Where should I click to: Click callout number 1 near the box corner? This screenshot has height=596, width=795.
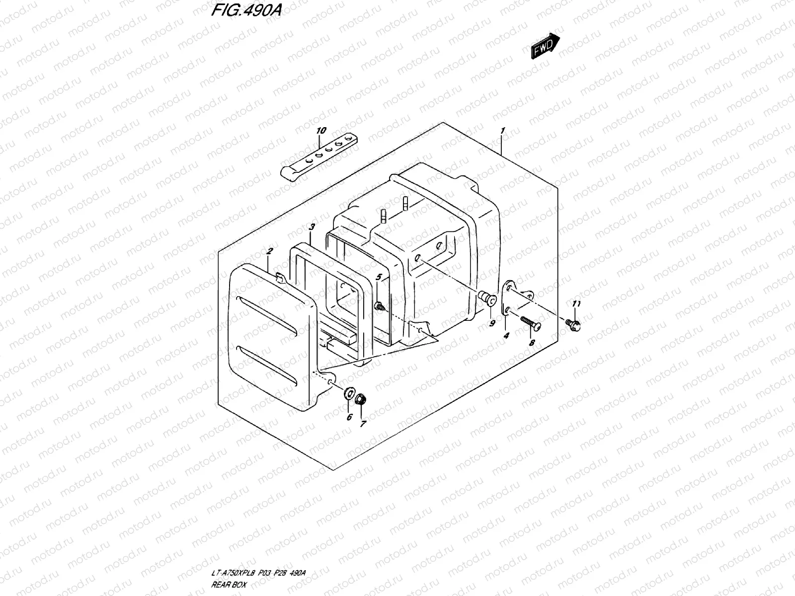(x=503, y=131)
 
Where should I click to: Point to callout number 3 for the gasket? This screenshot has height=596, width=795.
(x=312, y=227)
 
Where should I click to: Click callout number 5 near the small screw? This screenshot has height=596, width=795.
(x=379, y=277)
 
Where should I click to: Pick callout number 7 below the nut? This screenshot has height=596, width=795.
(x=363, y=424)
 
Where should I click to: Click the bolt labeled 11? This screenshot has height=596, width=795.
(x=573, y=324)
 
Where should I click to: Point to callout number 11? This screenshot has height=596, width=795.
(x=576, y=304)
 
